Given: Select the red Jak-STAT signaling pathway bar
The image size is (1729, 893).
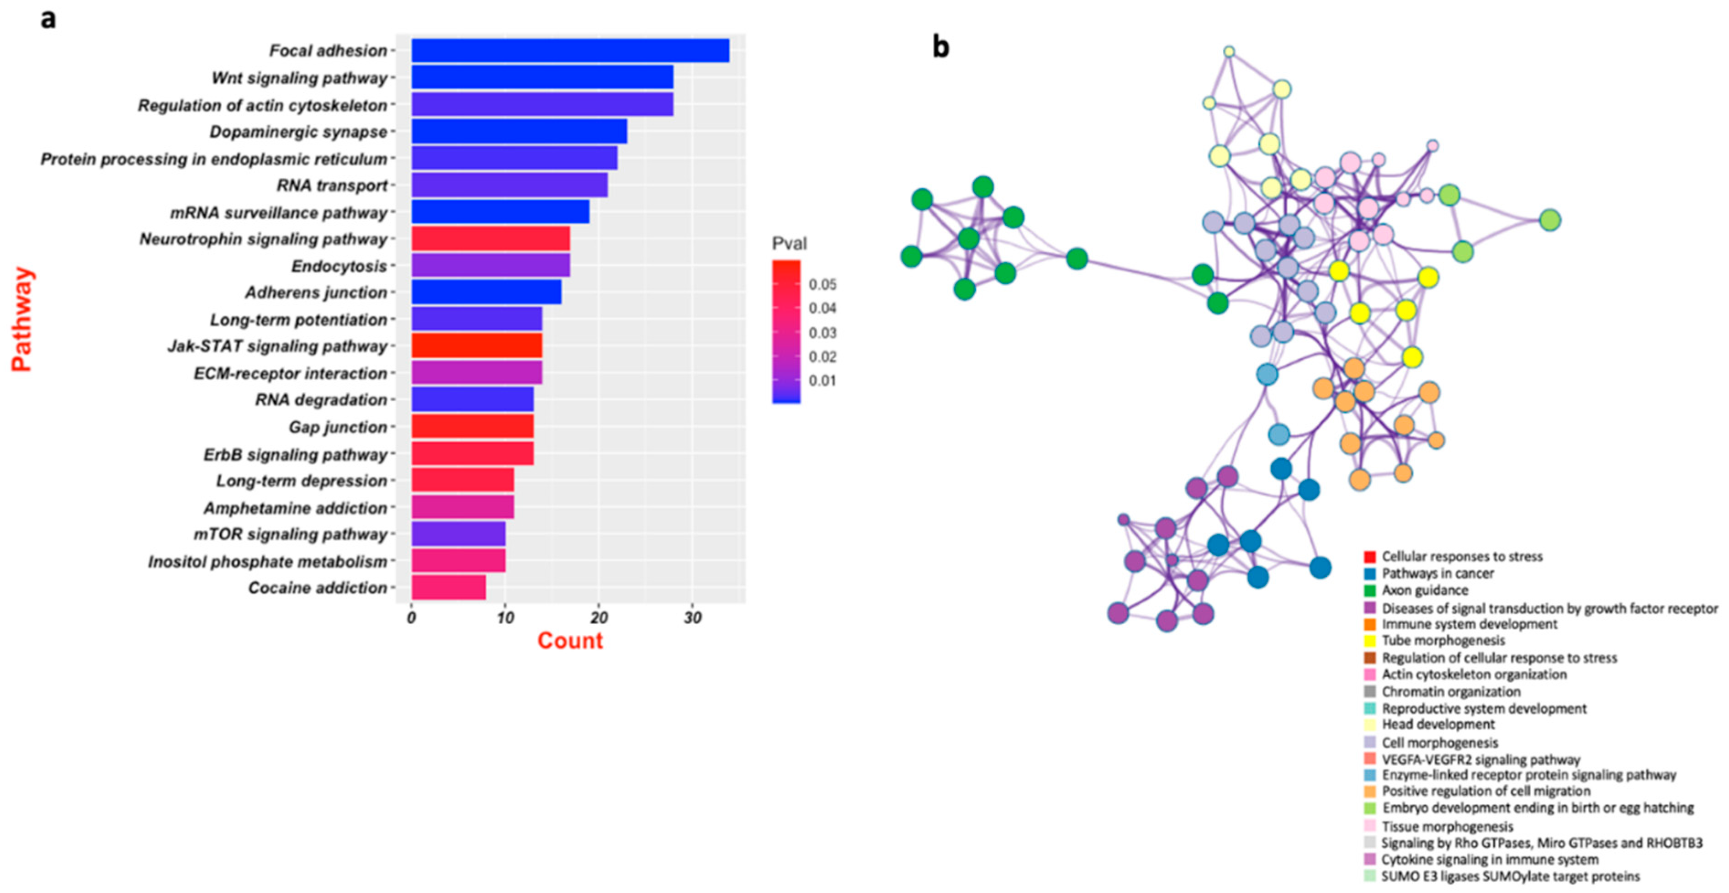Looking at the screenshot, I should [x=477, y=346].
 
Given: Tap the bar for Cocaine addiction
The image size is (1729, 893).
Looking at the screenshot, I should [x=448, y=588].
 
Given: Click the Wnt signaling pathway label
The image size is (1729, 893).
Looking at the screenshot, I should [x=299, y=79].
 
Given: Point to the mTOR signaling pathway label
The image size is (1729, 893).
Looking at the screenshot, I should [x=291, y=534].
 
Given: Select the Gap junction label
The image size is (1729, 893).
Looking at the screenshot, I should [x=338, y=427].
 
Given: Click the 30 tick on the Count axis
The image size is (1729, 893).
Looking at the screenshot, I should [x=693, y=618].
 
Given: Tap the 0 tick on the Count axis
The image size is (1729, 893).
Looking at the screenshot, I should [x=411, y=618].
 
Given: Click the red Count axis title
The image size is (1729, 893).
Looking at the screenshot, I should [x=570, y=641].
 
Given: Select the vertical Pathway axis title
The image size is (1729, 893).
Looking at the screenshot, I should [x=22, y=319].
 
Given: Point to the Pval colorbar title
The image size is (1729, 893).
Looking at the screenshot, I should [x=789, y=243].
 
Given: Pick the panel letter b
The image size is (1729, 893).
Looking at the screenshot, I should [x=941, y=47].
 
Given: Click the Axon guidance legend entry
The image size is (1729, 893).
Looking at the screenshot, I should [x=1424, y=590].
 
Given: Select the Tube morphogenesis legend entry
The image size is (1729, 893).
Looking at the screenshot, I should [x=1443, y=641].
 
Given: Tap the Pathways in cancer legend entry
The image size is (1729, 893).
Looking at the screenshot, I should [x=1437, y=574].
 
